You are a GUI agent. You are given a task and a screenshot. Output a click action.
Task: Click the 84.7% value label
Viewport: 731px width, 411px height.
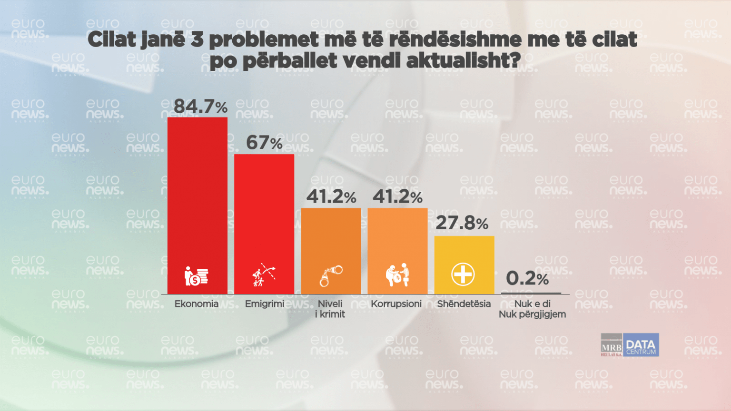200,107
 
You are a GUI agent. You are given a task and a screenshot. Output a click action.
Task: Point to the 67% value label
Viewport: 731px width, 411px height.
264,143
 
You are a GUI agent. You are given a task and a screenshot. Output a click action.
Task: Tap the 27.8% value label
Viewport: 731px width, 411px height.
462,223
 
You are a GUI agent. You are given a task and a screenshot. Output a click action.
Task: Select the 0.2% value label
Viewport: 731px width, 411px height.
527,278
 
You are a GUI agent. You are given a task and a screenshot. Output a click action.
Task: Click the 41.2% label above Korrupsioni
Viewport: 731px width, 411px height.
397,196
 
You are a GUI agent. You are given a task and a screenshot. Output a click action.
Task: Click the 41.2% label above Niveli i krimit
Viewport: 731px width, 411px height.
331,196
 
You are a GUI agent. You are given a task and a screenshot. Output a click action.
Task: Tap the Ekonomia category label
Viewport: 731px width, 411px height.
197,304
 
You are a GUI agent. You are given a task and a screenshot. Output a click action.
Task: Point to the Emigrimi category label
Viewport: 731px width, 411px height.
265,304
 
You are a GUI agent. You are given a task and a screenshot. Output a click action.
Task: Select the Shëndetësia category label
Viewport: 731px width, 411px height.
464,304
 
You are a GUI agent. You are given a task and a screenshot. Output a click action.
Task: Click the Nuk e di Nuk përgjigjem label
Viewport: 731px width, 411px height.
532,309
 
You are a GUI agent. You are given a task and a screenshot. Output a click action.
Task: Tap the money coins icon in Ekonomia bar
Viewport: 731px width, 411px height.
196,276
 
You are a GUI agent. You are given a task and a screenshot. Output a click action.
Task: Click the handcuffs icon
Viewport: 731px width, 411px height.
331,276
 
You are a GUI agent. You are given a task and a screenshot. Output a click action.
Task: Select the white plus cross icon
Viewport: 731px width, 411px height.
463,274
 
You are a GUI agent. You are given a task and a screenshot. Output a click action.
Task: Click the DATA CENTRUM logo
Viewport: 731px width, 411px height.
641,345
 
